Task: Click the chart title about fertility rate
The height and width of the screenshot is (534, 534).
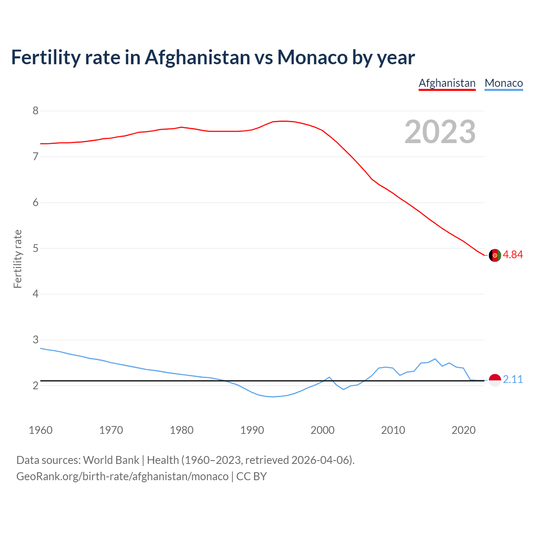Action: [213, 58]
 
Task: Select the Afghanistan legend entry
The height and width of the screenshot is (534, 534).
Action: [447, 83]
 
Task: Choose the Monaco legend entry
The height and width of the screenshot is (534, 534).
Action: [504, 83]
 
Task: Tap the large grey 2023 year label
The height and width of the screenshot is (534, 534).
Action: [440, 132]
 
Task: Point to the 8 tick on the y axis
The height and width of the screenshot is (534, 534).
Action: [35, 111]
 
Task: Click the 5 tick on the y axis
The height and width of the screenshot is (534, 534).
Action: [35, 248]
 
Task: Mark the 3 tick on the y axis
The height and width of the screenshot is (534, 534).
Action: [35, 340]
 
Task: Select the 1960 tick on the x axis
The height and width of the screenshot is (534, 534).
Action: [40, 430]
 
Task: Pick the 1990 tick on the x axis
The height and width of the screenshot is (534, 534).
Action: [252, 430]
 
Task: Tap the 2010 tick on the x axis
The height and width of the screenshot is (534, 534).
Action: [393, 430]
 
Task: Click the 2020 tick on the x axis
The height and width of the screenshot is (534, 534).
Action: [463, 430]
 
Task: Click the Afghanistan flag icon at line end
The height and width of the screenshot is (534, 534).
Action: [495, 255]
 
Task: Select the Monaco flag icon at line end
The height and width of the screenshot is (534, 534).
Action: [495, 380]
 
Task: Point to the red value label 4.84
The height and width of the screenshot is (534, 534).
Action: [513, 254]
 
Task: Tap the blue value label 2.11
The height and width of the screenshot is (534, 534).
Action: [513, 379]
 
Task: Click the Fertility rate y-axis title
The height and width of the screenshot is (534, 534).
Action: [18, 259]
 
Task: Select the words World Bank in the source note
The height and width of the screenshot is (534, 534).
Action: [111, 460]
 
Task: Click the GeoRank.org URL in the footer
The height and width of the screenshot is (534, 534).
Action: [122, 476]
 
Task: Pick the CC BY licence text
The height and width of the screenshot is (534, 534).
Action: [252, 476]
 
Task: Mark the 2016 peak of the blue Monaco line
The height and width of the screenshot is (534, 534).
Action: [435, 359]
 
